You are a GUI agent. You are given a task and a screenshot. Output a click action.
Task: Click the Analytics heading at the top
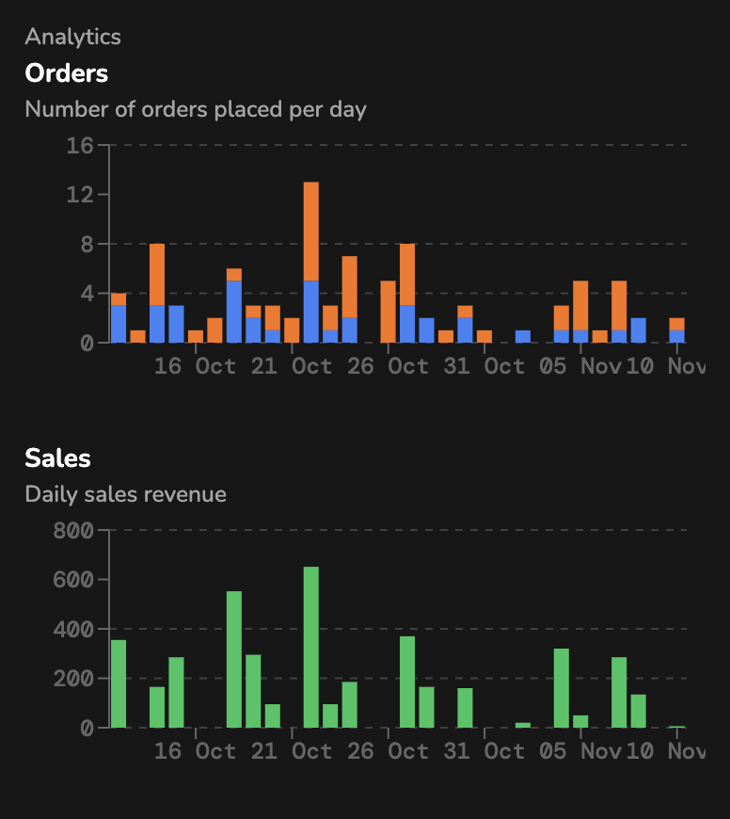pyautogui.click(x=72, y=37)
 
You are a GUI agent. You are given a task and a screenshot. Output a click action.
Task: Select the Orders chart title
pyautogui.click(x=66, y=72)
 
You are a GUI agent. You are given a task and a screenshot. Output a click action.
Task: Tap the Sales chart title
pyautogui.click(x=57, y=458)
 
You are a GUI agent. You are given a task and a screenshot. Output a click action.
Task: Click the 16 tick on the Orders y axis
pyautogui.click(x=82, y=146)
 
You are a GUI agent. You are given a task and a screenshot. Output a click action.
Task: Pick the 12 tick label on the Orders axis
pyautogui.click(x=82, y=195)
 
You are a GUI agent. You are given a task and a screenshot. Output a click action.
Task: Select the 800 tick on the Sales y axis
pyautogui.click(x=74, y=531)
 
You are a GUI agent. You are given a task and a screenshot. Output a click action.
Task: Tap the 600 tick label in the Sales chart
pyautogui.click(x=74, y=580)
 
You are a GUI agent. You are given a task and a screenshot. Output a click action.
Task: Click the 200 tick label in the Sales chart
pyautogui.click(x=74, y=679)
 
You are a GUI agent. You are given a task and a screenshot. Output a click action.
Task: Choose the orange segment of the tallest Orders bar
pyautogui.click(x=311, y=231)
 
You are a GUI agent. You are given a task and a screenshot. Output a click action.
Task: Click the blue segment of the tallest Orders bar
pyautogui.click(x=311, y=312)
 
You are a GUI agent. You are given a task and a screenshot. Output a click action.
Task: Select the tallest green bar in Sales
pyautogui.click(x=311, y=647)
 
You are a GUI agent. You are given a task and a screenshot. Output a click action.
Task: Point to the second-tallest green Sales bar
pyautogui.click(x=234, y=659)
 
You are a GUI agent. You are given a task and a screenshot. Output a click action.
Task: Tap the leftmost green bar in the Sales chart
pyautogui.click(x=119, y=683)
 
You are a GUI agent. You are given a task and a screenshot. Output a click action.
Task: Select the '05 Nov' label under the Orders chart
pyautogui.click(x=579, y=365)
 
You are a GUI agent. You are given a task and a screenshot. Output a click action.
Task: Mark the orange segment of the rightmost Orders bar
pyautogui.click(x=677, y=324)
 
